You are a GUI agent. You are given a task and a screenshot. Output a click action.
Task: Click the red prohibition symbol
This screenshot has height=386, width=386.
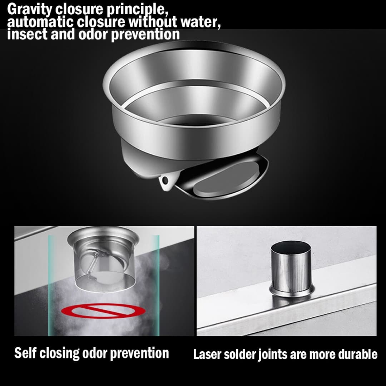[x=103, y=310]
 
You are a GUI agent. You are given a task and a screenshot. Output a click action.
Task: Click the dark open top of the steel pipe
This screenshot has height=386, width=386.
[x=291, y=247]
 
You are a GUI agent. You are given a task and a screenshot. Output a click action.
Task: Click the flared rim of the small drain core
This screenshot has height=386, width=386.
[x=103, y=236]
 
